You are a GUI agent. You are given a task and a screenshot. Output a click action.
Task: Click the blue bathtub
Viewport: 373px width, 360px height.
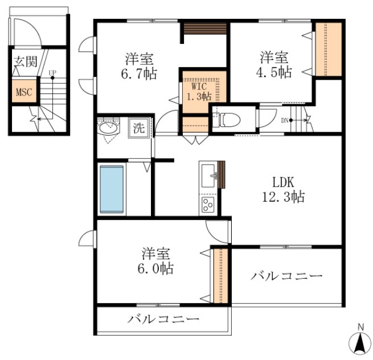pos(112,189)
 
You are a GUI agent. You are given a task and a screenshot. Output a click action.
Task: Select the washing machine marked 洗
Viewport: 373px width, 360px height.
pos(139,128)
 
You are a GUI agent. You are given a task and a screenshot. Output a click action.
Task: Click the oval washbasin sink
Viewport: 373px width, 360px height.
pos(108,129)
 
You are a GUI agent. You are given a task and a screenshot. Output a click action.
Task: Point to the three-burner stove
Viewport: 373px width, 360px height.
pos(208,204)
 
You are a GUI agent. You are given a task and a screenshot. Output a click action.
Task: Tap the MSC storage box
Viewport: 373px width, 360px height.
pos(24,92)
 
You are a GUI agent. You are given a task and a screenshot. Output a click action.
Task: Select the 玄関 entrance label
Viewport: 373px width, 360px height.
pos(26,62)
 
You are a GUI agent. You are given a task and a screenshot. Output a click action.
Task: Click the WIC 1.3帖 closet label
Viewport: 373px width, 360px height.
pos(199,92)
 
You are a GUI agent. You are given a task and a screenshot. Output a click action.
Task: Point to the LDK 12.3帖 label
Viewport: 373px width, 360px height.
pos(284,190)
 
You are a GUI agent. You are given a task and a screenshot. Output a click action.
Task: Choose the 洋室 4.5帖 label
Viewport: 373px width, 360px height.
pos(274,64)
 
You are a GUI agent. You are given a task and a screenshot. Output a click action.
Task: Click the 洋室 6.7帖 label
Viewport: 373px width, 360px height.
pos(139,66)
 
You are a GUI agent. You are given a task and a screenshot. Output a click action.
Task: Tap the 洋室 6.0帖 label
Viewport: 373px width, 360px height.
pos(155,261)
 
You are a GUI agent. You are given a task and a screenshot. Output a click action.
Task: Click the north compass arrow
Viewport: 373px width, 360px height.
pos(360,343)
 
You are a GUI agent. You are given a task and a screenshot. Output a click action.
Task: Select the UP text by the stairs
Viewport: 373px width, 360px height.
pos(52,72)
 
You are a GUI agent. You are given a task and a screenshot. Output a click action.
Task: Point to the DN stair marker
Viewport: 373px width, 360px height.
pos(285,120)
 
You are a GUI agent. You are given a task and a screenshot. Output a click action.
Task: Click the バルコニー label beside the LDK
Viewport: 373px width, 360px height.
pos(286,276)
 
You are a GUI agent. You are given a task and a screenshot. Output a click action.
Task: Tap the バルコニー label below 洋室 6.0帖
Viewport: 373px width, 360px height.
pos(163,319)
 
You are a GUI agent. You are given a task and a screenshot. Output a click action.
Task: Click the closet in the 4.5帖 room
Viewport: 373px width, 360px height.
pos(329,49)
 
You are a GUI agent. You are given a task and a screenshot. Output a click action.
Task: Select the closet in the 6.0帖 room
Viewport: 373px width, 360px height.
pos(221,276)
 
